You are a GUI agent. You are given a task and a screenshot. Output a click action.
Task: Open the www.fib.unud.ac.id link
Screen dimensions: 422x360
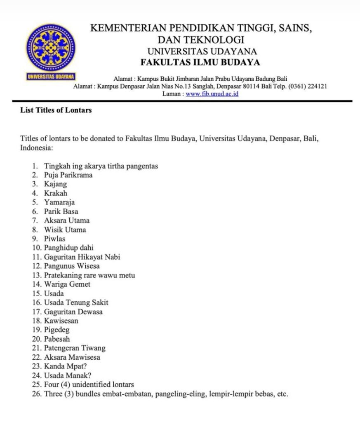[x=212, y=94]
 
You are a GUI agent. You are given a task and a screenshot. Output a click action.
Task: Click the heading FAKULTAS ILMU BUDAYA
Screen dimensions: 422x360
[x=200, y=63]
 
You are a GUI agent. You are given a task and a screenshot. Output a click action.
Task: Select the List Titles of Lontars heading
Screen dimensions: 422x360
[x=56, y=110]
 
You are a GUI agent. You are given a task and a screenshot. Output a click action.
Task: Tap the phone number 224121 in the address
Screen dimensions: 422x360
[x=317, y=87]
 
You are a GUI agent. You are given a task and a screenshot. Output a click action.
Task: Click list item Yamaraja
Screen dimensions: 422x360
[x=60, y=202]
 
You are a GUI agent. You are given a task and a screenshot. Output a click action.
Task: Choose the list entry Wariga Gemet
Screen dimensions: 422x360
[x=67, y=284]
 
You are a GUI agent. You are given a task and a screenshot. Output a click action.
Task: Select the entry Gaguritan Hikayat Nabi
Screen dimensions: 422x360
[x=82, y=257]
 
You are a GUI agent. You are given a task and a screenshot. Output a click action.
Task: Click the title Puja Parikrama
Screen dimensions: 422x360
[x=68, y=175]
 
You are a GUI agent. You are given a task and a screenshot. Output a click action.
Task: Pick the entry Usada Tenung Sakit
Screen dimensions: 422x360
[x=76, y=302]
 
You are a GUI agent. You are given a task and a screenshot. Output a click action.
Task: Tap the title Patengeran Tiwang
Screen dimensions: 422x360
[x=75, y=348]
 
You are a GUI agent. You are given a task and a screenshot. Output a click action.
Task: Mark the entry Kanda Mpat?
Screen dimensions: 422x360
[x=65, y=366]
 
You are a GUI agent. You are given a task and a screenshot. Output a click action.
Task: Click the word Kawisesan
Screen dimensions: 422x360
[x=61, y=320]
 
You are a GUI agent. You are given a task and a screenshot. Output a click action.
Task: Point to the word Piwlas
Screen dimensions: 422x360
[x=55, y=239]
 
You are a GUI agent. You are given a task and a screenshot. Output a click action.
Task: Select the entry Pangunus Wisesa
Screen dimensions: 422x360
[x=72, y=266]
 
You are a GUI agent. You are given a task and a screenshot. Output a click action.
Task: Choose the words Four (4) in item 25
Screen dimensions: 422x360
[x=59, y=384]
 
